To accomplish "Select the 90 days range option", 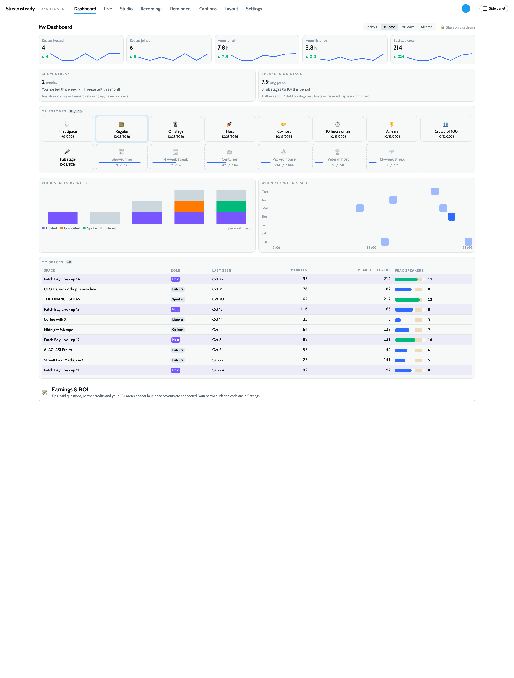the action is pyautogui.click(x=408, y=27).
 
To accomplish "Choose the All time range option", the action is pyautogui.click(x=426, y=27).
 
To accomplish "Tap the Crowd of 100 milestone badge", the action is pyautogui.click(x=446, y=129).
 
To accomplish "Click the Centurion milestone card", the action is pyautogui.click(x=230, y=157).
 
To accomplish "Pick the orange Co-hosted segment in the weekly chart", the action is pyautogui.click(x=189, y=207).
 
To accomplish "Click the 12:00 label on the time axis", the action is pyautogui.click(x=371, y=248).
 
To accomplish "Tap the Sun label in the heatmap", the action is pyautogui.click(x=264, y=242).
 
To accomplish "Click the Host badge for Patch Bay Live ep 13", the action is pyautogui.click(x=175, y=310).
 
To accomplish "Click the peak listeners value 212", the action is pyautogui.click(x=387, y=299).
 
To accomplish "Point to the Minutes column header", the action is pyautogui.click(x=299, y=270).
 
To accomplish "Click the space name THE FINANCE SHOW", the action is pyautogui.click(x=62, y=299).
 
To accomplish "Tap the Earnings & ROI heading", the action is pyautogui.click(x=70, y=389).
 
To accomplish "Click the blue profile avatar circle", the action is pyautogui.click(x=465, y=9).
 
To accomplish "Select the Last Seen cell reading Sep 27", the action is pyautogui.click(x=218, y=360).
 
